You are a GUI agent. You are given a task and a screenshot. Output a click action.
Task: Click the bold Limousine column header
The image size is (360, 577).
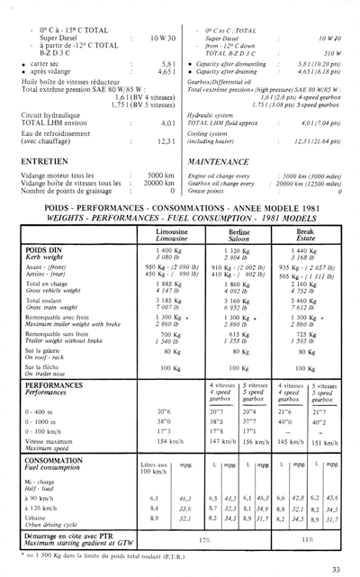pyautogui.click(x=171, y=230)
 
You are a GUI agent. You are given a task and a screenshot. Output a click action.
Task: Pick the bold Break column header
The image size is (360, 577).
pyautogui.click(x=305, y=230)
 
